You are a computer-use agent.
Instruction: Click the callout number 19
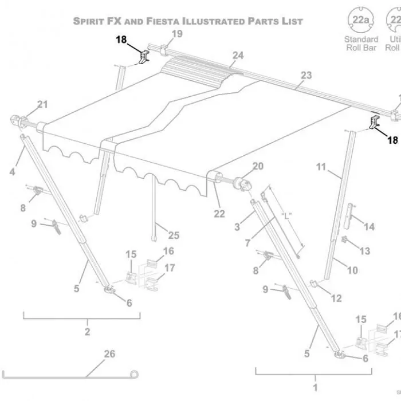(x=177, y=34)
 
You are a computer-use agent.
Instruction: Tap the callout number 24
(x=238, y=55)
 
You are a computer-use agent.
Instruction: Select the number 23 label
(x=306, y=75)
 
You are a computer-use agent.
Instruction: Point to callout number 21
(x=43, y=104)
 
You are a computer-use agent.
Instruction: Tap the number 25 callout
(x=173, y=235)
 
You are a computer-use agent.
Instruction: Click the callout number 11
(x=321, y=167)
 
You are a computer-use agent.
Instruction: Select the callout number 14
(x=369, y=227)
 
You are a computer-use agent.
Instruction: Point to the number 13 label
(x=364, y=251)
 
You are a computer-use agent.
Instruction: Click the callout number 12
(x=336, y=298)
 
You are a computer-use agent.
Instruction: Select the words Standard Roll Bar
(x=361, y=43)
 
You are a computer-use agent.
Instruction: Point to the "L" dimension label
(x=287, y=216)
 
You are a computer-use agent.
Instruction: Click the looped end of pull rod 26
(x=135, y=375)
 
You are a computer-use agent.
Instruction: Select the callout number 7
(x=247, y=243)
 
